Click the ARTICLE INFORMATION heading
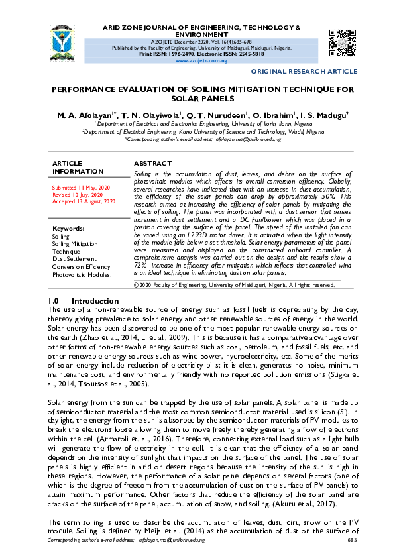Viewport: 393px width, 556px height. (x=78, y=167)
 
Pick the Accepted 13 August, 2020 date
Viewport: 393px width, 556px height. (x=85, y=201)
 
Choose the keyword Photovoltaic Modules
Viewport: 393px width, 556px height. (x=82, y=274)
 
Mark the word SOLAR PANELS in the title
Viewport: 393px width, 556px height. (x=202, y=99)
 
